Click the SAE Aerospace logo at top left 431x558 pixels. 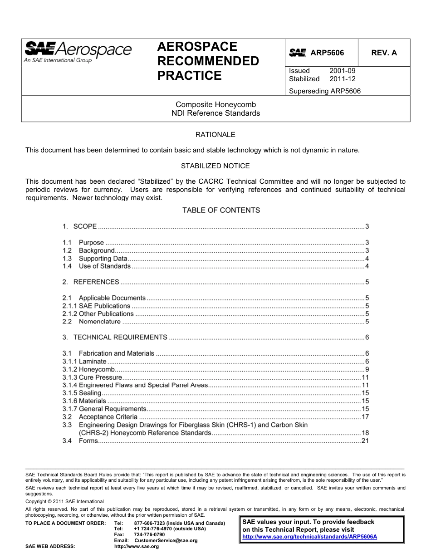pos(78,52)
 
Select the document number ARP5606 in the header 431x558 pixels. pos(327,53)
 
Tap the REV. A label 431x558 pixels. pos(384,53)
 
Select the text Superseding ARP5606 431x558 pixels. pos(324,91)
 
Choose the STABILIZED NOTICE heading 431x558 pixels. pos(215,166)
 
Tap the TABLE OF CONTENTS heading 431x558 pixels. pos(221,210)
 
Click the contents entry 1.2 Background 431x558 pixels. pos(97,250)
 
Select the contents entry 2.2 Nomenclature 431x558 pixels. pos(99,322)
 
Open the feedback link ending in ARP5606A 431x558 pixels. pos(309,537)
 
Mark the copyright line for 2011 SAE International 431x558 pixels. pos(64,501)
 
